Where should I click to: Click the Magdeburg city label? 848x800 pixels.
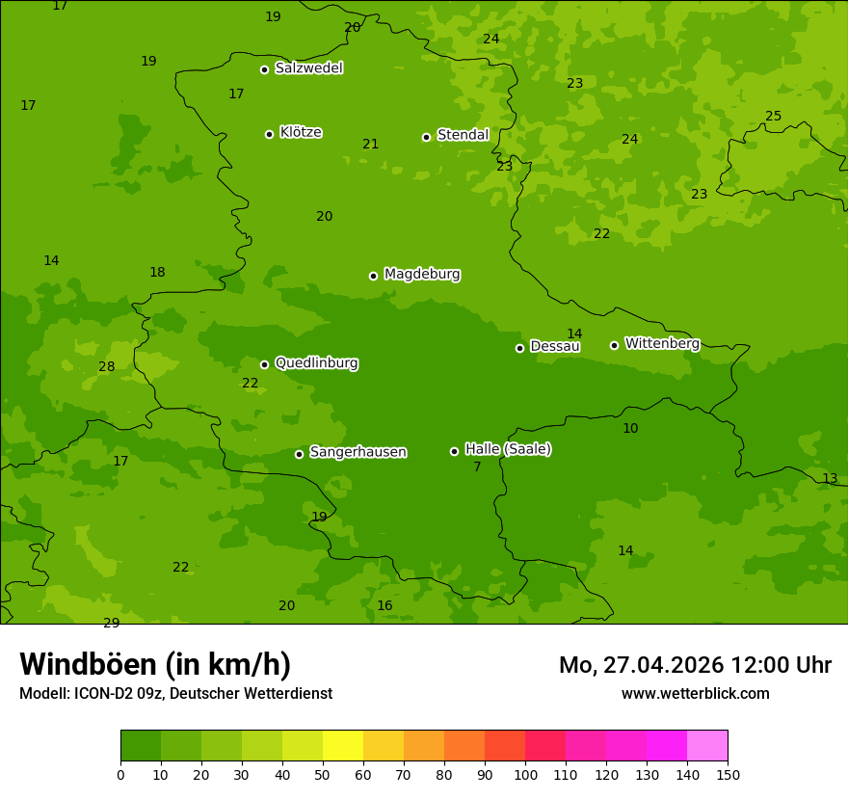(x=422, y=275)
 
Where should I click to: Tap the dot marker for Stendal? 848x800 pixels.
(x=426, y=137)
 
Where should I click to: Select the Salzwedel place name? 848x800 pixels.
(x=308, y=68)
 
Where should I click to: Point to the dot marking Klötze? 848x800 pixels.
(x=269, y=134)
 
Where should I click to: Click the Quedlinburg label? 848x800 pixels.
(x=316, y=363)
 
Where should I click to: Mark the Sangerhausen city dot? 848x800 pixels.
(x=299, y=454)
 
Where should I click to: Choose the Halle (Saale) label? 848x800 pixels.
(x=508, y=449)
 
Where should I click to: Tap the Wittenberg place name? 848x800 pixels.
(x=662, y=343)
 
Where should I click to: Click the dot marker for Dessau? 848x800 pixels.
(x=519, y=348)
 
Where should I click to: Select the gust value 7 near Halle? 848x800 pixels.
(x=477, y=467)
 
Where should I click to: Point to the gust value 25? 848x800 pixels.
(x=774, y=117)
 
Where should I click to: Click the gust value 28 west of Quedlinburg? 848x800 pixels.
(x=107, y=367)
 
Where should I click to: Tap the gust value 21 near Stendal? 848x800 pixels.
(x=371, y=145)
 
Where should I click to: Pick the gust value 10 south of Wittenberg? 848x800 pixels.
(x=630, y=429)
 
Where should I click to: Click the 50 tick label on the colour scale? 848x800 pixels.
(x=323, y=774)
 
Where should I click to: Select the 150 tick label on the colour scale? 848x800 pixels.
(x=728, y=774)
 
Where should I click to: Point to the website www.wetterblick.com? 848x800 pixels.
(x=695, y=694)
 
